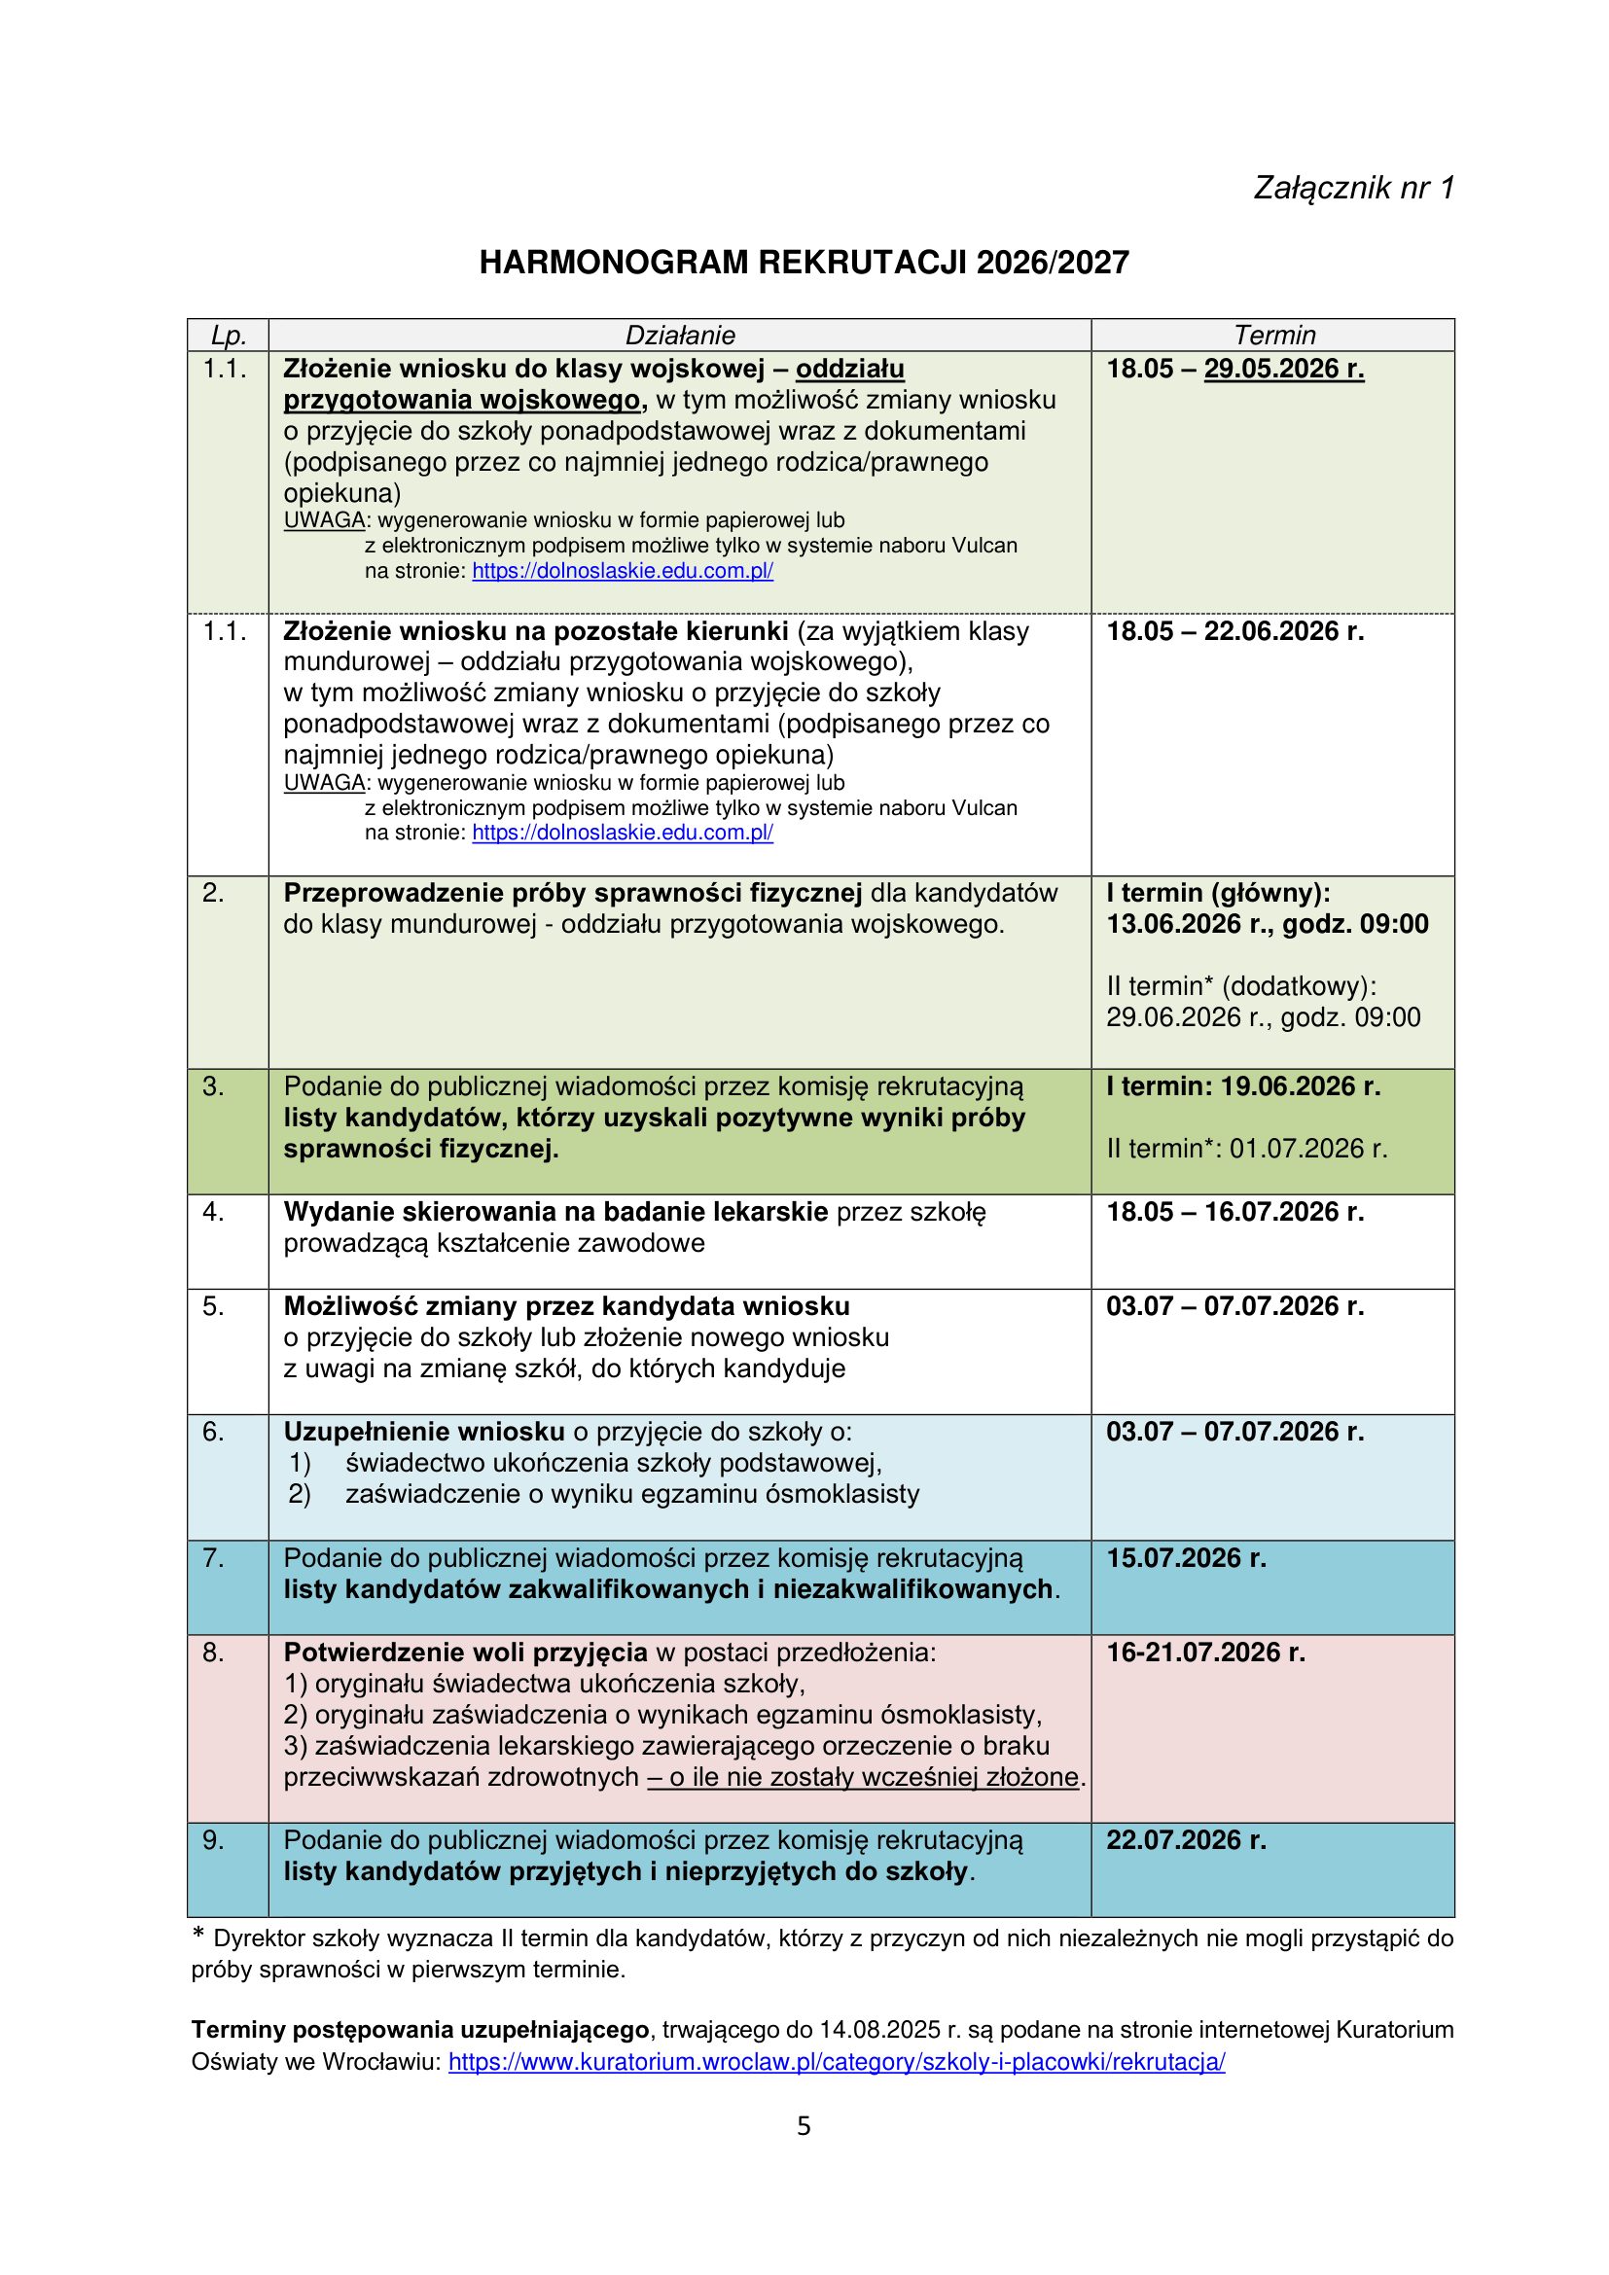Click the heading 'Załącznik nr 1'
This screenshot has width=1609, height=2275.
1352,189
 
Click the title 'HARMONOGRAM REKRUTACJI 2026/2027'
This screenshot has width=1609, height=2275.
804,263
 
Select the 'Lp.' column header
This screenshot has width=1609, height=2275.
228,335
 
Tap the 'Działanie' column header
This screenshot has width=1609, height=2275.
680,335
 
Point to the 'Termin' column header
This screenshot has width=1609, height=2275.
1274,335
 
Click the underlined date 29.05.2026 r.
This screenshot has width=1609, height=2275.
1283,369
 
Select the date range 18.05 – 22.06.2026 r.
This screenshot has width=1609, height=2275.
1234,631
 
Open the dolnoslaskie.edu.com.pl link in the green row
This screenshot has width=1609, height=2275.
623,571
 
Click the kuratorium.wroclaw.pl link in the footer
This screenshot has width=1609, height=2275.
837,2061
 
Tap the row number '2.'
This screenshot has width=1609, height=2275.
213,893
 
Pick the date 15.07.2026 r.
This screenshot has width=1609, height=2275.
1186,1557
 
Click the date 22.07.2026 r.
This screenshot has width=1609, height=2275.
1186,1840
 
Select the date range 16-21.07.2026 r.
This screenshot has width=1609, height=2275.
1205,1652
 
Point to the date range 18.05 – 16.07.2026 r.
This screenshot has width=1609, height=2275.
1234,1212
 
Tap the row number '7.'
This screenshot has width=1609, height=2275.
213,1557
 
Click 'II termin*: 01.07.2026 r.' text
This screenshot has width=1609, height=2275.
1246,1149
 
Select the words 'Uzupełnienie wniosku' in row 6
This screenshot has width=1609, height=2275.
424,1432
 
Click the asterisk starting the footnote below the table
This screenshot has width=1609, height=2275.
198,1935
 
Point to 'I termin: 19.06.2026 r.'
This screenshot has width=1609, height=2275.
1242,1087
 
